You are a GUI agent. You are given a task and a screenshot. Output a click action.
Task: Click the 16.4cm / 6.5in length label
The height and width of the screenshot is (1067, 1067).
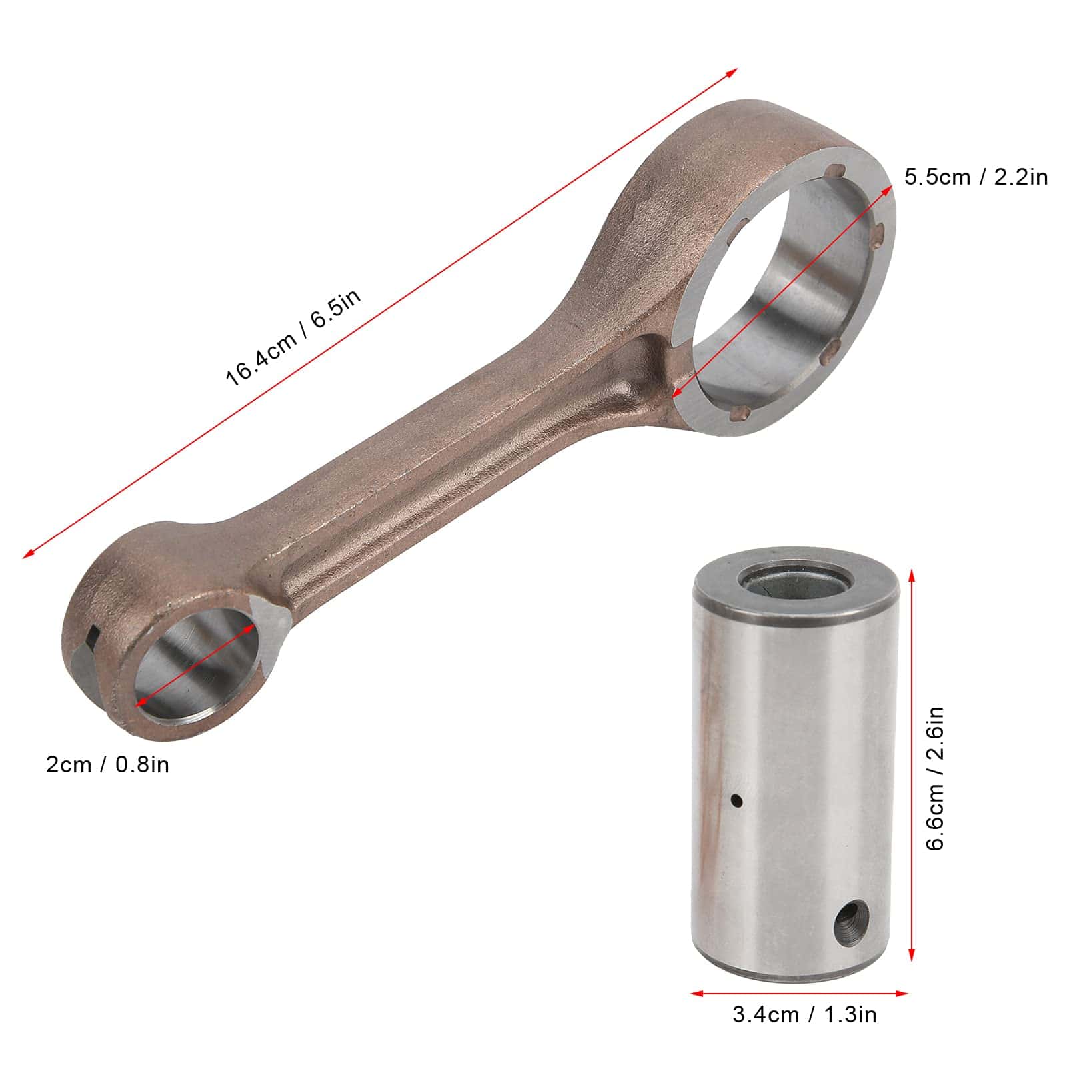coord(294,337)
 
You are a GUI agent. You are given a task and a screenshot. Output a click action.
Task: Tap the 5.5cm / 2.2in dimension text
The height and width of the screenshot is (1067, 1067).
coord(976,177)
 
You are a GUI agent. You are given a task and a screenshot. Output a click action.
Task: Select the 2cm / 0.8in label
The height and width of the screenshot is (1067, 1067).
coord(107,764)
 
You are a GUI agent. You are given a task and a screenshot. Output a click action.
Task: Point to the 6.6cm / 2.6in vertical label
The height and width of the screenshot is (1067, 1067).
coord(936,778)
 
